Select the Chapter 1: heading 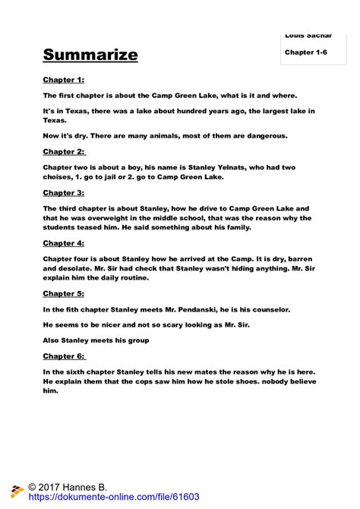pos(63,79)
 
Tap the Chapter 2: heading pos(63,151)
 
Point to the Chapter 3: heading pos(63,192)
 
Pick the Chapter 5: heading pos(63,292)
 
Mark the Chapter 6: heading pos(64,356)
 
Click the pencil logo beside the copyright pos(16,491)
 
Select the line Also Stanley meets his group pos(96,340)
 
